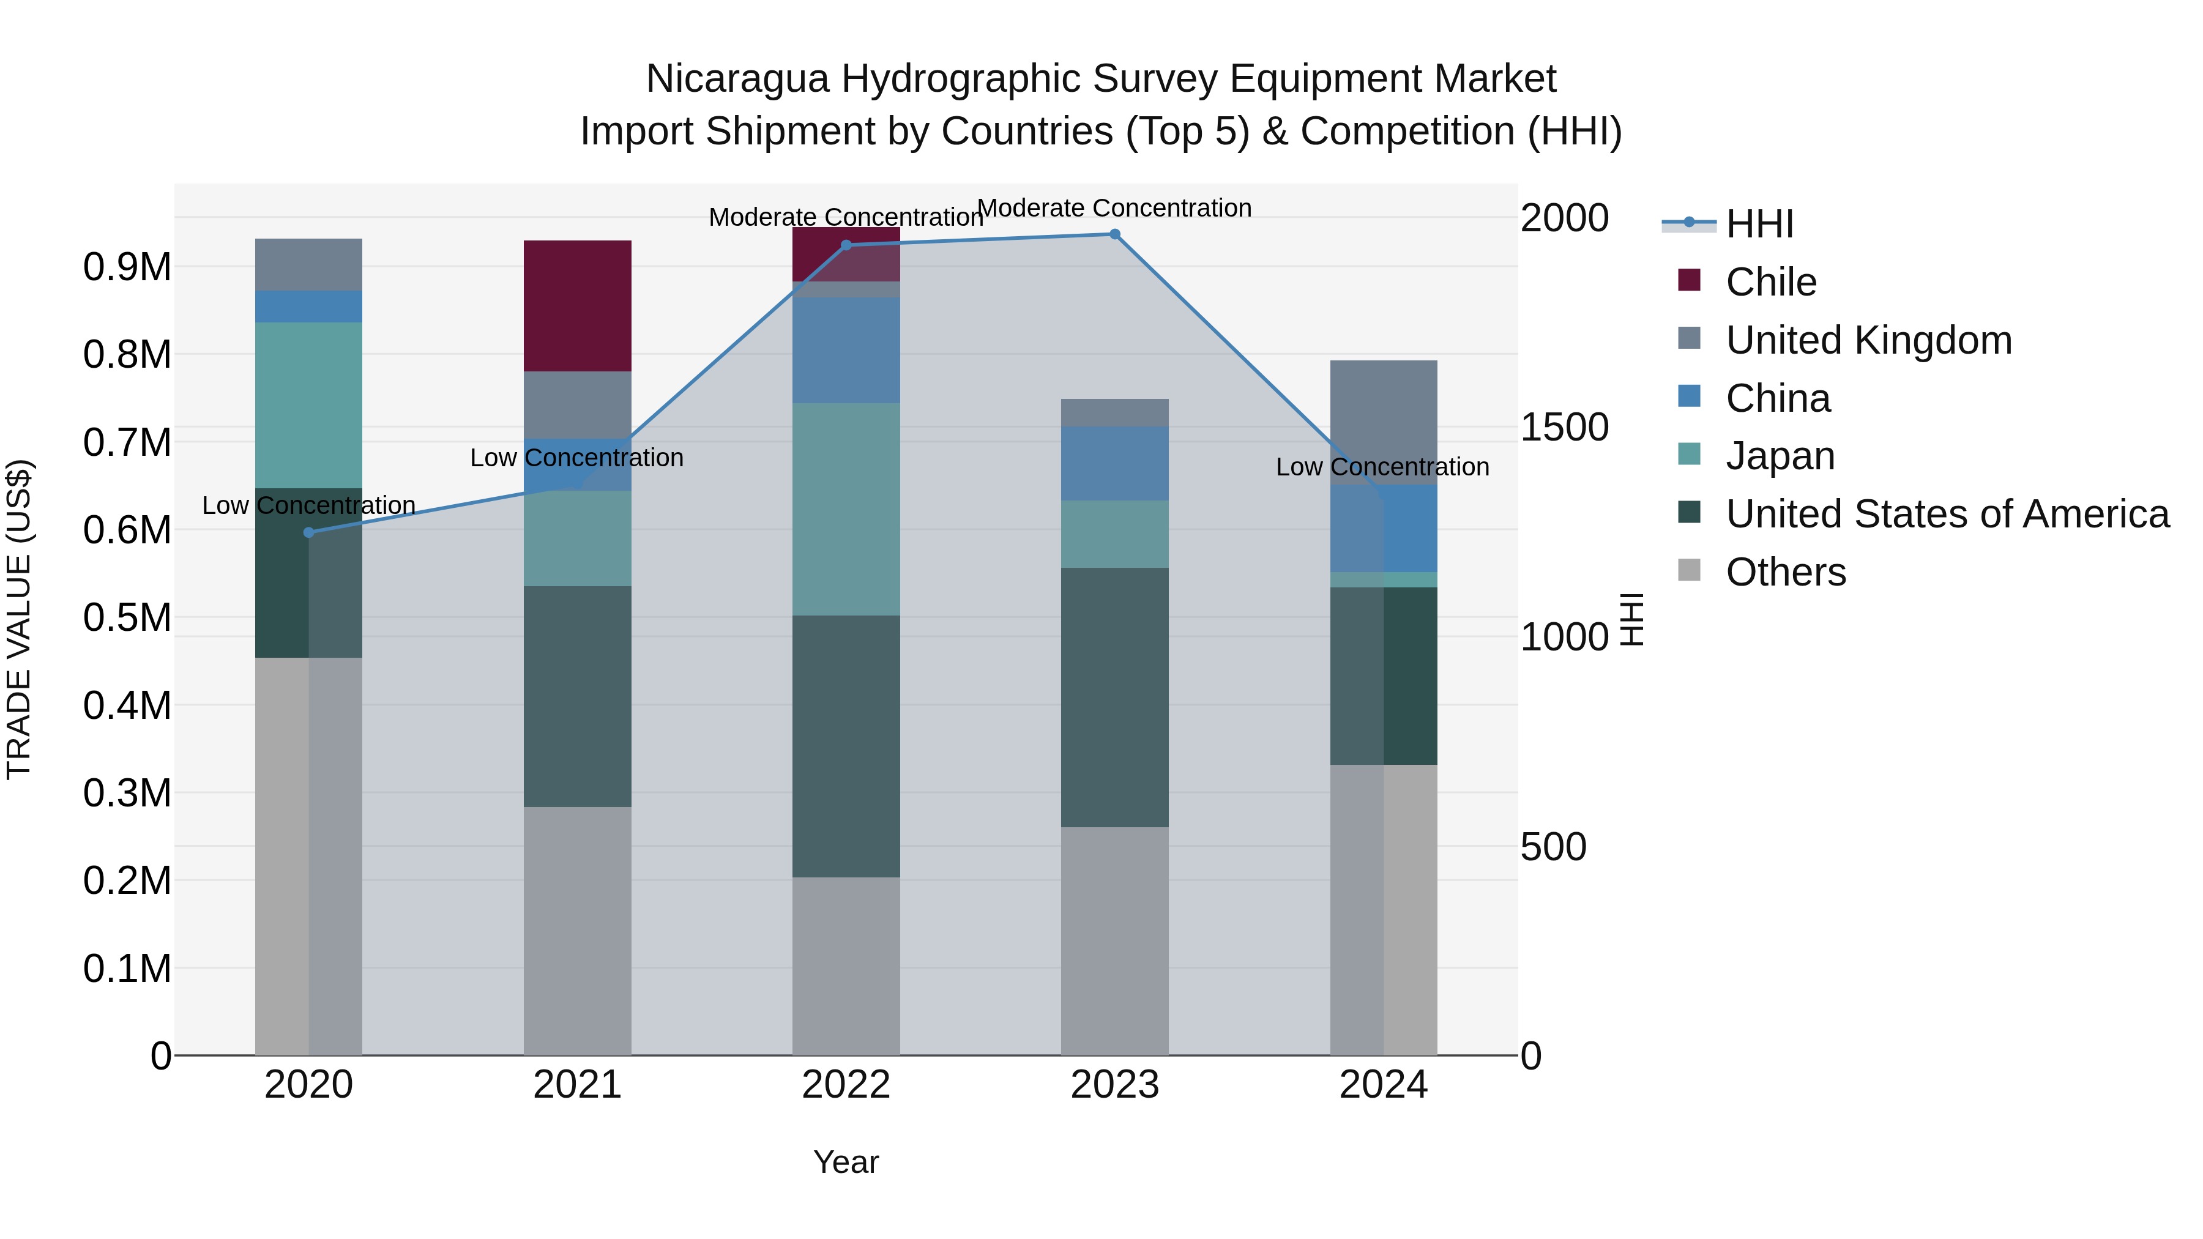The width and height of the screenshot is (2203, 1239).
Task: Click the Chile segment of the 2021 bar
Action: point(577,305)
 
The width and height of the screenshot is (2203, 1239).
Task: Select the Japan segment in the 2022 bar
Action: point(846,509)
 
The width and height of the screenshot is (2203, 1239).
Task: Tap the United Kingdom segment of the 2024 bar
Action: point(1383,422)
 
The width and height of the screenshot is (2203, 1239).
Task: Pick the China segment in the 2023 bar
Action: point(1114,463)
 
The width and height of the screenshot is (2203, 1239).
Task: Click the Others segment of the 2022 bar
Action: point(846,966)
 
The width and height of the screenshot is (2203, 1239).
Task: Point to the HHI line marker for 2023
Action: point(1114,234)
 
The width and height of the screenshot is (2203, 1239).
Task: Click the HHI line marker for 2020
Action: point(309,533)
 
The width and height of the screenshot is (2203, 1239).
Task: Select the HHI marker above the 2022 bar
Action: point(846,245)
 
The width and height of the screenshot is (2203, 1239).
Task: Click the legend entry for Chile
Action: point(1770,282)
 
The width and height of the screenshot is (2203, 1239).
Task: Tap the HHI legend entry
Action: point(1759,224)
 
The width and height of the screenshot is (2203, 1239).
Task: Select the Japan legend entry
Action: point(1780,456)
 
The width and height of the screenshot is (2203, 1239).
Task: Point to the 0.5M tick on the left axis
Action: point(127,617)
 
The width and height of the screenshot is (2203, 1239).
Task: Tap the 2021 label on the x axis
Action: point(577,1085)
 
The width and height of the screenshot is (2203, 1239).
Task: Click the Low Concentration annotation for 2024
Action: point(1382,467)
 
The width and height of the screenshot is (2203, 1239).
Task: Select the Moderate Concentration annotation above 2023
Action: point(1114,208)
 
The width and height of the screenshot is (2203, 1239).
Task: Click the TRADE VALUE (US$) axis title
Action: point(19,619)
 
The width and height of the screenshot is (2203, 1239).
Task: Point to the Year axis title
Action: point(846,1162)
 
